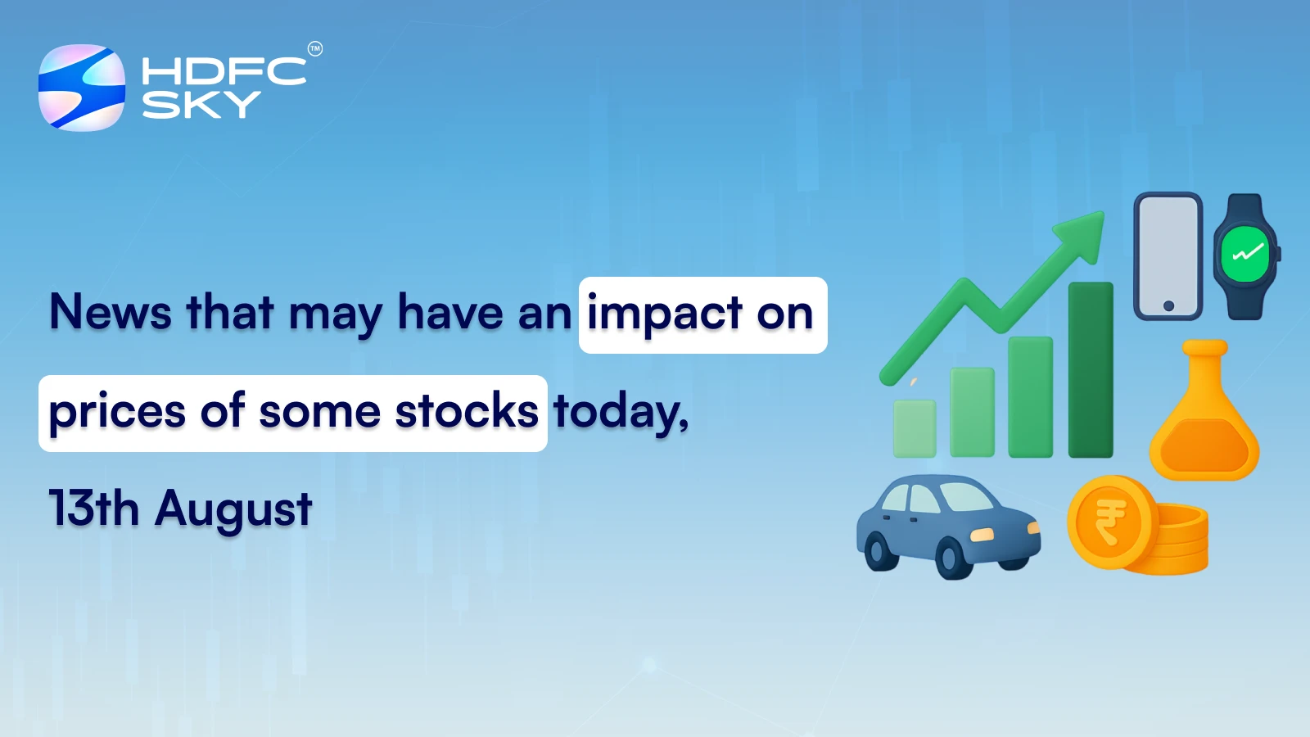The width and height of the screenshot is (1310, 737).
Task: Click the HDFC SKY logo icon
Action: click(82, 88)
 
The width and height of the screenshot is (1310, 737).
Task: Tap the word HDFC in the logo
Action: click(224, 71)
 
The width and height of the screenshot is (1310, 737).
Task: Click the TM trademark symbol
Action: click(314, 49)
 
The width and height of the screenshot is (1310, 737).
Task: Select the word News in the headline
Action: click(111, 312)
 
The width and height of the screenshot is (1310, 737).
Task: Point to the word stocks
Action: click(467, 410)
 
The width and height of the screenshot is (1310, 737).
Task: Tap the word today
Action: click(619, 412)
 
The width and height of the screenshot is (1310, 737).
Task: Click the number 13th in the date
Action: click(93, 509)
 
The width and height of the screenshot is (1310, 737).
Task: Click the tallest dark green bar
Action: click(1091, 370)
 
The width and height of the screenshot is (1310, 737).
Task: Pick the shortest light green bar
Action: click(915, 428)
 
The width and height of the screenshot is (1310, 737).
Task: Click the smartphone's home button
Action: click(1168, 305)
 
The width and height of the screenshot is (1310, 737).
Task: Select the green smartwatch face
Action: click(1245, 255)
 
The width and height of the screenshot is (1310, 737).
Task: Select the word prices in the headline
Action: click(117, 412)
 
